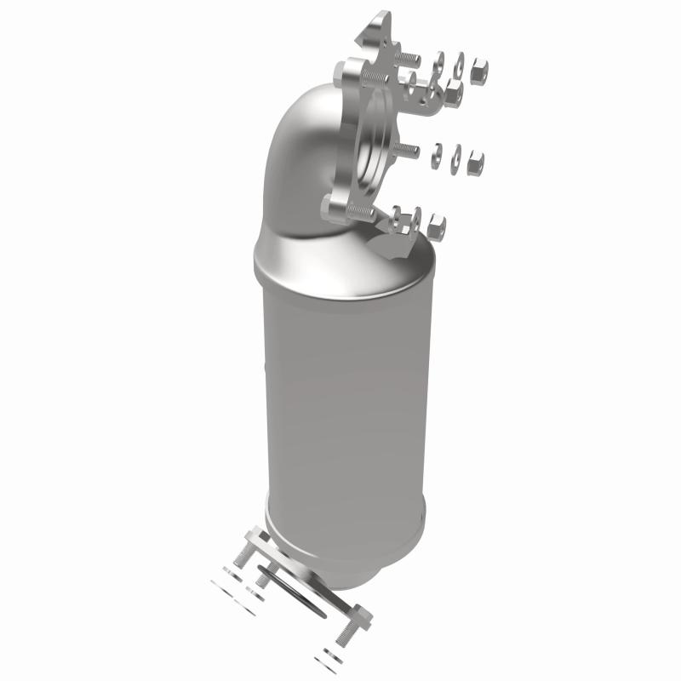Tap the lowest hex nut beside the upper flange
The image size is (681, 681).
438,225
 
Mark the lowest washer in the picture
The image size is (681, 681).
328,660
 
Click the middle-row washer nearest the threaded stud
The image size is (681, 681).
435,154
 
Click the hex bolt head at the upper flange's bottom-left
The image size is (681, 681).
334,206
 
